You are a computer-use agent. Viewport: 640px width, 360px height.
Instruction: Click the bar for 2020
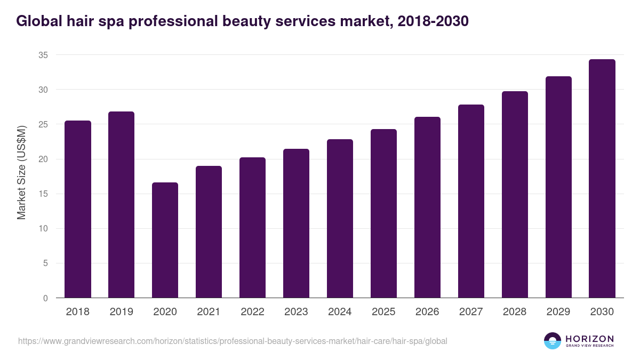point(165,240)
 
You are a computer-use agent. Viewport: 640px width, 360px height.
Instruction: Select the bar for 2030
point(602,179)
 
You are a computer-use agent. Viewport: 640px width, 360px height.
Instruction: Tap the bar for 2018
point(78,209)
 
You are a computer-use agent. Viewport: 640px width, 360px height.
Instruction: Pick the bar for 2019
point(121,205)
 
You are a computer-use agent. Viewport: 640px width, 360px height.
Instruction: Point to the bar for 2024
point(340,219)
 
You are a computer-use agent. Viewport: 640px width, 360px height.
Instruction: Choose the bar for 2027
point(471,201)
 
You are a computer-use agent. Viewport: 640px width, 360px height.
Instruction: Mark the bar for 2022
point(252,228)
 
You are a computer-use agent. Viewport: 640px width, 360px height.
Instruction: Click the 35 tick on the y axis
point(43,55)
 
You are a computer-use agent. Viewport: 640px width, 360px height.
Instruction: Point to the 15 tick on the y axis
point(43,194)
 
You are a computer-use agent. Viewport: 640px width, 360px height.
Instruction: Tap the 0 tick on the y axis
point(45,298)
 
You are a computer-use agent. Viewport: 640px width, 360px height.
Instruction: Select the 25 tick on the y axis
point(43,124)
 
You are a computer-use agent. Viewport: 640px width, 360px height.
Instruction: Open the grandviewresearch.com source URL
point(233,341)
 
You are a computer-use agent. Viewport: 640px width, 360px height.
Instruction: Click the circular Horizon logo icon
point(553,341)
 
